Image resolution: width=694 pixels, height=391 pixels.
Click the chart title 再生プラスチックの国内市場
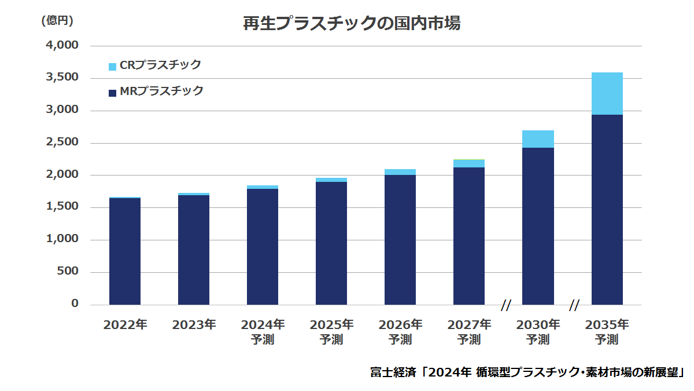(x=352, y=24)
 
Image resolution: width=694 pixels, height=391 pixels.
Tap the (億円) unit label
(x=57, y=20)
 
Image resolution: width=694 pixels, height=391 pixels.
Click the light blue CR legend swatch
(x=112, y=67)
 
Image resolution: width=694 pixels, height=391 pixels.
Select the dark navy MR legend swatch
(x=112, y=93)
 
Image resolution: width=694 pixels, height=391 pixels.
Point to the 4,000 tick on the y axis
(x=62, y=45)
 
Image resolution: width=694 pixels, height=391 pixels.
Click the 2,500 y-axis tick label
(x=62, y=142)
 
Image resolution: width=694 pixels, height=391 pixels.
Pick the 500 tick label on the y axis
(x=68, y=271)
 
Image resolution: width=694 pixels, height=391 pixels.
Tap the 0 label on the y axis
(x=75, y=303)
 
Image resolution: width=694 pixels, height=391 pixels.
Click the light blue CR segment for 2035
(x=607, y=94)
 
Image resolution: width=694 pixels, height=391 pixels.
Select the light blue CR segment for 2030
(x=538, y=139)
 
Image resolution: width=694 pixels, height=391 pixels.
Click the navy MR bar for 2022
(x=125, y=251)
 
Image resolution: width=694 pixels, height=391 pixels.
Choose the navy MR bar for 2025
(x=331, y=243)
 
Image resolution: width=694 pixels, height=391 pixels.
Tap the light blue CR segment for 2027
(x=469, y=163)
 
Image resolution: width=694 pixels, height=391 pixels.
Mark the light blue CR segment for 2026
(x=400, y=172)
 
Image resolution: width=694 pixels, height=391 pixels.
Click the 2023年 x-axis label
(x=194, y=325)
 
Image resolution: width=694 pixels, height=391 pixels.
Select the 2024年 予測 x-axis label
(x=263, y=332)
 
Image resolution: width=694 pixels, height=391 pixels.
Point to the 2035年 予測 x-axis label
(x=607, y=332)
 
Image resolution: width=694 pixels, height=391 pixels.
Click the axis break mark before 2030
(x=506, y=305)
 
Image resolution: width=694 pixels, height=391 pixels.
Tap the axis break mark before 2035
(x=574, y=305)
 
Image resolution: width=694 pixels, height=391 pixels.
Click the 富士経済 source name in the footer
(x=393, y=372)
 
